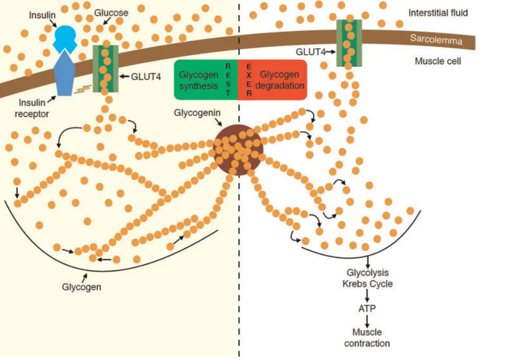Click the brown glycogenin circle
pyautogui.click(x=237, y=150)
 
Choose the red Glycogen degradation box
pyautogui.click(x=273, y=80)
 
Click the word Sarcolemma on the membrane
pyautogui.click(x=436, y=39)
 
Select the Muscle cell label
pyautogui.click(x=438, y=61)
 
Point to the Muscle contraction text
pyautogui.click(x=367, y=338)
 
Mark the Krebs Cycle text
pyautogui.click(x=367, y=284)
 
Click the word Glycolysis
pyautogui.click(x=367, y=273)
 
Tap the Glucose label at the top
pyautogui.click(x=111, y=12)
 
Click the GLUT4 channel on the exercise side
pyautogui.click(x=348, y=43)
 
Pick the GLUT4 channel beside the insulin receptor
pyautogui.click(x=105, y=68)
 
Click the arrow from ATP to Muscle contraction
pyautogui.click(x=367, y=320)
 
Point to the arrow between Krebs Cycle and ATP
pyautogui.click(x=367, y=296)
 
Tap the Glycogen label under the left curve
pyautogui.click(x=81, y=287)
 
